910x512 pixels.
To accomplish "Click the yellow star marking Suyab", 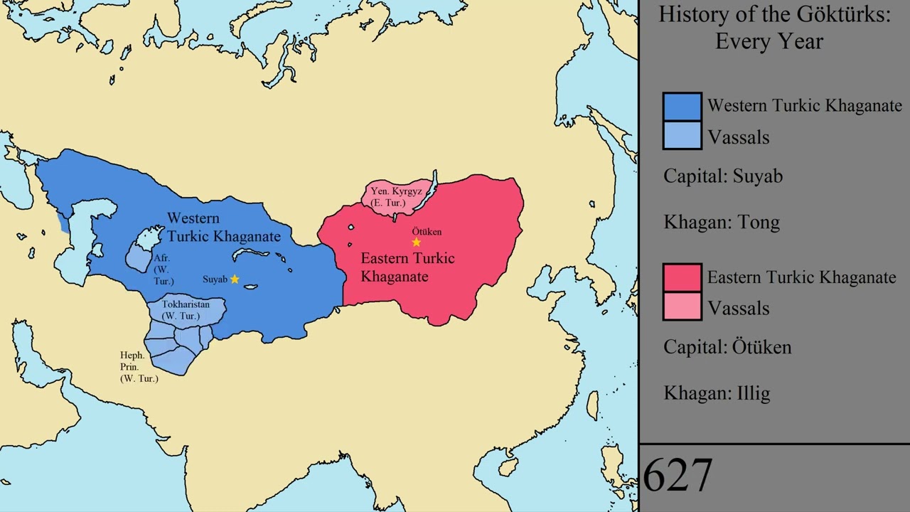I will pos(235,279).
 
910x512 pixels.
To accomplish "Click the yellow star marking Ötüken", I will pos(417,243).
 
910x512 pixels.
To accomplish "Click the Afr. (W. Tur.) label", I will pos(163,270).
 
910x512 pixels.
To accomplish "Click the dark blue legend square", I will pos(682,107).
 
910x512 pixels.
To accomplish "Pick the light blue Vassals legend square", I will pos(682,136).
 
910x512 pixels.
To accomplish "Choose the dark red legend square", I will pos(682,277).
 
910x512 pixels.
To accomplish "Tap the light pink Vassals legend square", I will pos(682,307).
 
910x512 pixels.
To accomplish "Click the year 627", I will pos(678,475).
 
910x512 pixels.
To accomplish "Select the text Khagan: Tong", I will pos(722,223).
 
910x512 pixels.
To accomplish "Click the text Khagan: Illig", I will pos(717,393).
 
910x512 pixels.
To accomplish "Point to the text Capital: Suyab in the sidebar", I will pos(723,176).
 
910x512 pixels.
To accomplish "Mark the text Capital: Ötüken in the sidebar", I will pos(727,347).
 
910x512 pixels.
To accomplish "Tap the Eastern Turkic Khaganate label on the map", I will pos(407,267).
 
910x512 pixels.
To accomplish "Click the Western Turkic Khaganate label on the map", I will pos(223,227).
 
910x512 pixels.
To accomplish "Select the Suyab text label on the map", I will pos(215,279).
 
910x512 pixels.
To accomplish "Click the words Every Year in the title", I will pos(769,41).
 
